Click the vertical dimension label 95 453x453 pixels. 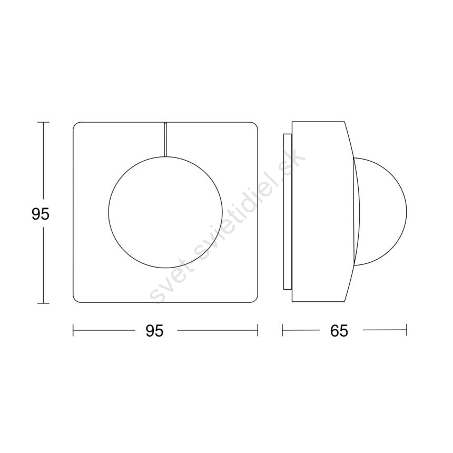(x=41, y=214)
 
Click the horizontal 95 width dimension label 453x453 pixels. (x=154, y=330)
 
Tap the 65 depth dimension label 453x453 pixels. (x=339, y=330)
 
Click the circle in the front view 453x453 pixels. (x=109, y=212)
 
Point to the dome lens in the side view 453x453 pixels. (x=407, y=212)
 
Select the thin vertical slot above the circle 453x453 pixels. (x=165, y=140)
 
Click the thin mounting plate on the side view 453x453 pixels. (x=288, y=212)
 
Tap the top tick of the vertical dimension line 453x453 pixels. (x=43, y=122)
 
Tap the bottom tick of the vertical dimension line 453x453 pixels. (x=43, y=303)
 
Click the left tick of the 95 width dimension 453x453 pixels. (x=73, y=330)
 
